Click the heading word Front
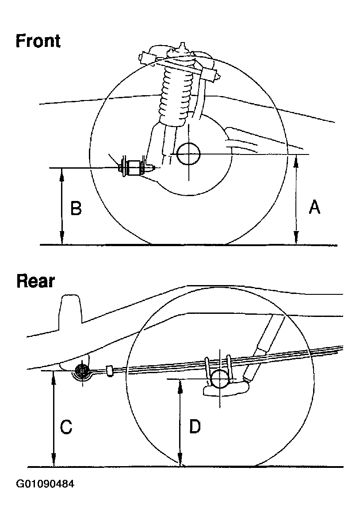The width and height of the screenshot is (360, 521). point(38,41)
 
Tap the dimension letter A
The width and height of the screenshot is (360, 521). point(314,207)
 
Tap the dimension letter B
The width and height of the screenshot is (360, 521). point(76,208)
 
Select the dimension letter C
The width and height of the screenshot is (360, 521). point(66,428)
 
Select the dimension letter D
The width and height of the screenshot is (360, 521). point(195,427)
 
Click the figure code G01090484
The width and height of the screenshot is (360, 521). point(45,484)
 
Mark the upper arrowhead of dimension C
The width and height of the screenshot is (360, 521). point(54,376)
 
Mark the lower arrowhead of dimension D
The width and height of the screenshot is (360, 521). point(180,462)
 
